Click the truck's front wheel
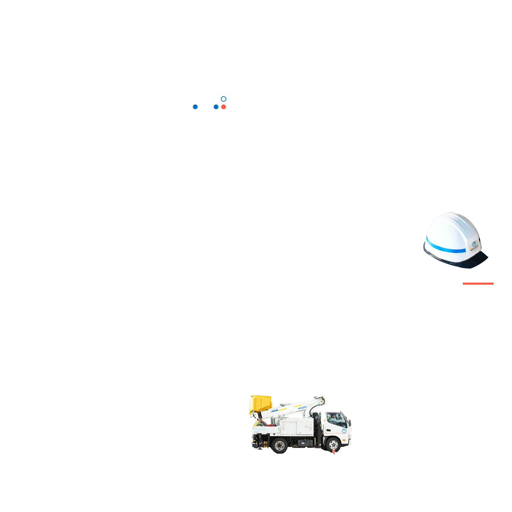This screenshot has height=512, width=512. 332,444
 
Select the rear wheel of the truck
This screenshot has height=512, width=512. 279,445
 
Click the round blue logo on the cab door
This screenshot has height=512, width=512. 344,431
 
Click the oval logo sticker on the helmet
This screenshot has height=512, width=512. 474,244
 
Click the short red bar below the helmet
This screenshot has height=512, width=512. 478,283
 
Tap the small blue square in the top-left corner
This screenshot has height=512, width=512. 224,99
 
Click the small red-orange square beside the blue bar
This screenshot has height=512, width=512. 224,107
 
